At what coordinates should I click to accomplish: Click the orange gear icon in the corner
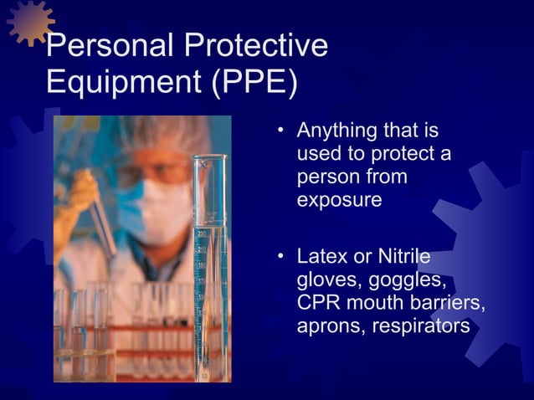tap(29, 20)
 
